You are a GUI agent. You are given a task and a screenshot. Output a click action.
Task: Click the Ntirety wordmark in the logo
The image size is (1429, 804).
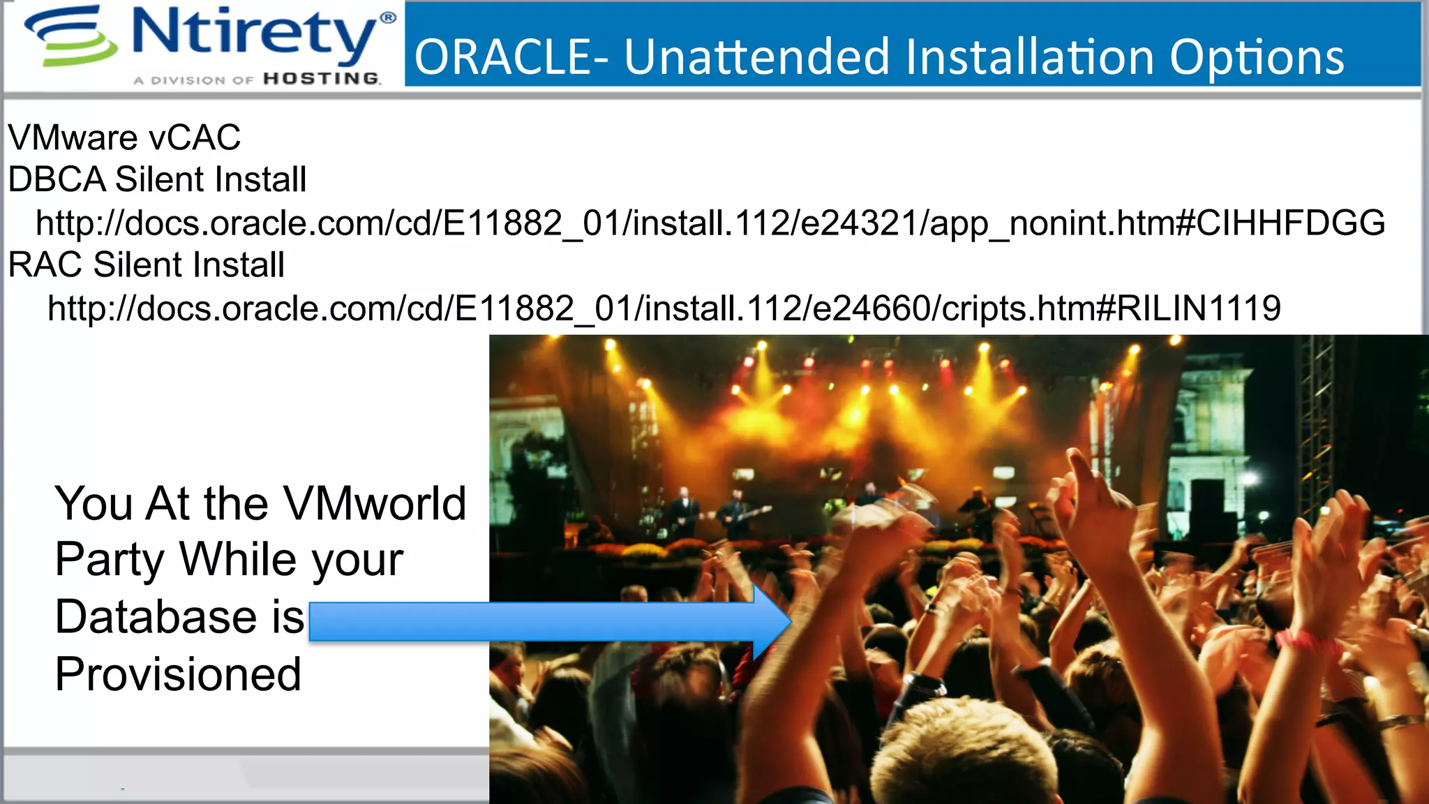tap(255, 35)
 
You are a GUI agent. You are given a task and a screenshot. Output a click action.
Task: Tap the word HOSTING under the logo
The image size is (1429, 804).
tap(322, 79)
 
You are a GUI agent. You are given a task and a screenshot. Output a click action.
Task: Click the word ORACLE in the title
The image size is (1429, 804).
tap(503, 57)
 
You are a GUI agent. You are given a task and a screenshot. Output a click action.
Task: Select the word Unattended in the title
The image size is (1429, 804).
tap(756, 57)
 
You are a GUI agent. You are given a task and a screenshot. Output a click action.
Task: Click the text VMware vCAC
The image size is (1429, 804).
tap(124, 137)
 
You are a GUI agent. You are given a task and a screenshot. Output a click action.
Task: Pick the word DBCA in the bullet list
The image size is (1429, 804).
tap(57, 180)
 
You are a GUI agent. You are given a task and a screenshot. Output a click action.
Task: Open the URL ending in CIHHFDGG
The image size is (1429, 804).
tap(710, 223)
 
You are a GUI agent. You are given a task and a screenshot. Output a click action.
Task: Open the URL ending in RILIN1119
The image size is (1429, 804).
tap(664, 308)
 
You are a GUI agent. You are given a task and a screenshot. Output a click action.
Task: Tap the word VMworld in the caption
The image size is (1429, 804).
tap(375, 504)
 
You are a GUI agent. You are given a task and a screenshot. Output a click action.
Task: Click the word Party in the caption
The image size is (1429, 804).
tap(110, 560)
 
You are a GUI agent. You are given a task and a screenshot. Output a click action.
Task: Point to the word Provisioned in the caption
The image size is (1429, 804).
tap(178, 674)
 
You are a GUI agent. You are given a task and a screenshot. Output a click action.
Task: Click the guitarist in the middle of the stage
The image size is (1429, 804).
tap(736, 513)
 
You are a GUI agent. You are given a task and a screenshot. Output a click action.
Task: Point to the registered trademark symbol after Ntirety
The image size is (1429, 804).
tap(388, 17)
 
